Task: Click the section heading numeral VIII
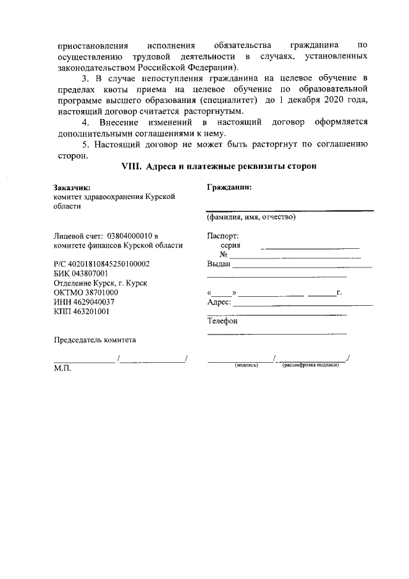click(x=132, y=166)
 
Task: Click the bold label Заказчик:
click(x=72, y=188)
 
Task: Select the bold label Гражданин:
click(x=229, y=187)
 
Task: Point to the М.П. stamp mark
click(x=63, y=369)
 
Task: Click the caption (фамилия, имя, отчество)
click(x=251, y=217)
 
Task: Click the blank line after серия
click(x=312, y=247)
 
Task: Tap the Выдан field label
click(x=219, y=264)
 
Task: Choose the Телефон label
click(x=222, y=321)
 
